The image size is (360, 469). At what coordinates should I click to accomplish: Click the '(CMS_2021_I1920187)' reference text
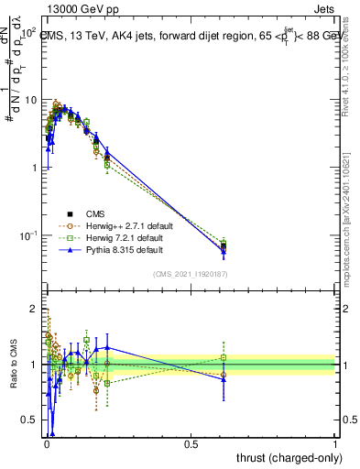[x=189, y=272]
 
